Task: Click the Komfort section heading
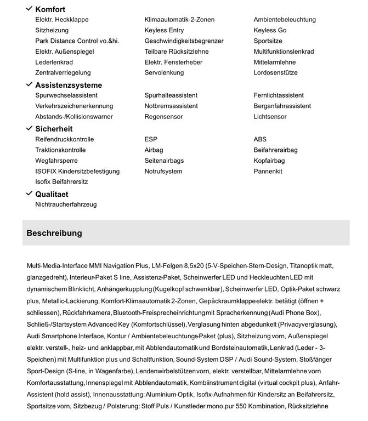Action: tap(50, 9)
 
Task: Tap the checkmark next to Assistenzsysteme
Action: tap(29, 84)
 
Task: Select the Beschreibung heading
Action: tap(54, 233)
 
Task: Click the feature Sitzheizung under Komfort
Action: tap(52, 30)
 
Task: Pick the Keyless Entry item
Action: tap(164, 30)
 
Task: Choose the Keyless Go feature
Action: tap(270, 30)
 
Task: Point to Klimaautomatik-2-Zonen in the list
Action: tap(179, 20)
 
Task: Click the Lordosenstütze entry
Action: tap(275, 72)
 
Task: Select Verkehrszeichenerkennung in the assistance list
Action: tap(74, 106)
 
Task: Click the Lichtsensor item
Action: tap(270, 117)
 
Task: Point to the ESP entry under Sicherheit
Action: tap(151, 139)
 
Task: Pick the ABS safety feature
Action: tap(260, 139)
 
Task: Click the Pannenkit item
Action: tap(268, 171)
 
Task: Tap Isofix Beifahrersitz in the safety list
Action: tap(61, 181)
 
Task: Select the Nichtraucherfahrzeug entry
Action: tap(66, 204)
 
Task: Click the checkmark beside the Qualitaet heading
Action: tap(29, 194)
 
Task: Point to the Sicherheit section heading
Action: tap(54, 129)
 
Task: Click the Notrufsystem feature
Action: tap(163, 171)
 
